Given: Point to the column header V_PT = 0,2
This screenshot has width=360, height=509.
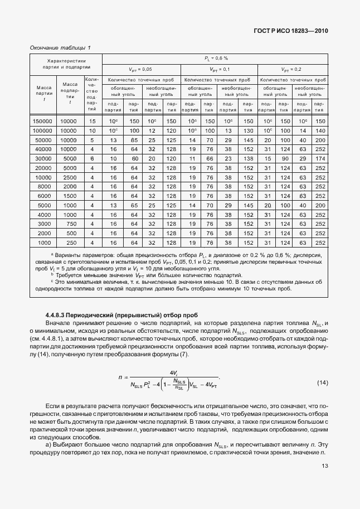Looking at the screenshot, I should point(291,69).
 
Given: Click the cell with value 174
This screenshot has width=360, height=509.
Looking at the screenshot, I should point(320,158).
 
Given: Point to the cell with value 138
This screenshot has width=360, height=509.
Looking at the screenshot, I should point(249,158).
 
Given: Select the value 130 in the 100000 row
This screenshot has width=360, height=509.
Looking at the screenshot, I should point(249,130).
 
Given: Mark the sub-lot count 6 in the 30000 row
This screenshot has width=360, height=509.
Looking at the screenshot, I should point(93,158).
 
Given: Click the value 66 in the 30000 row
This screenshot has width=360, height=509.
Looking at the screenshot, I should point(210,158).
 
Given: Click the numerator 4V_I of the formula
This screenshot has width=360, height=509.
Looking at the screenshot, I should point(173,372).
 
